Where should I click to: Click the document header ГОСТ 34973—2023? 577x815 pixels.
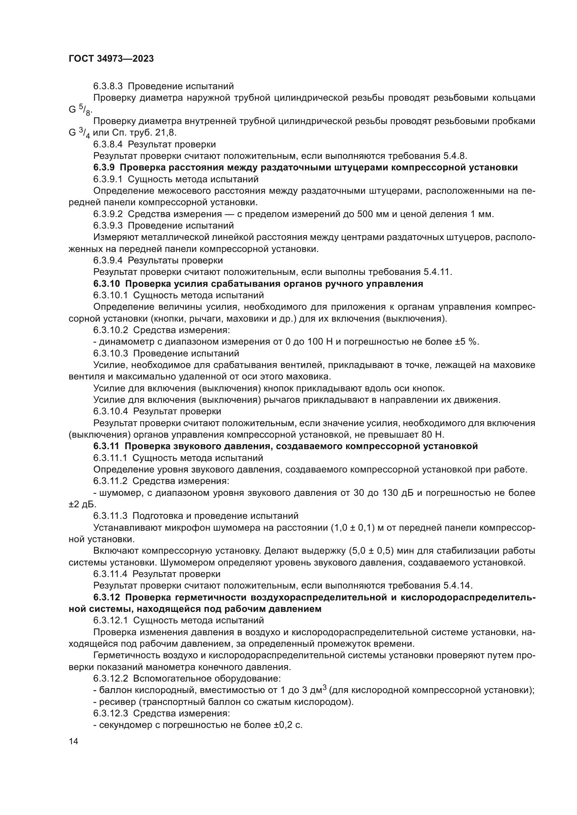tap(111, 59)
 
